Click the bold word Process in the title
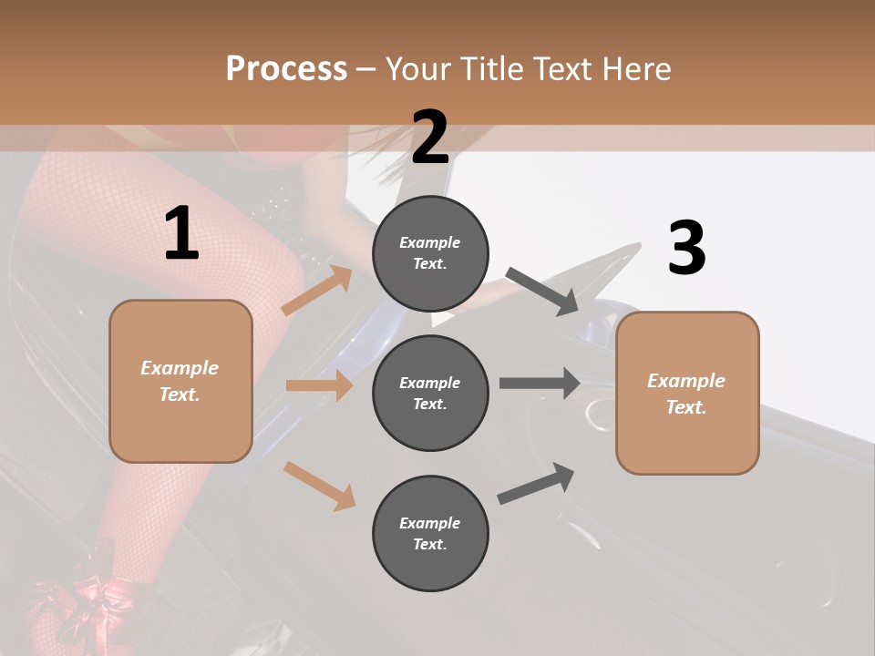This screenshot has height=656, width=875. click(x=286, y=68)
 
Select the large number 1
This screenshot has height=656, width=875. click(x=181, y=234)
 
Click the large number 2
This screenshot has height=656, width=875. click(x=430, y=138)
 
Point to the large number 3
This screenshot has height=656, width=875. click(x=686, y=248)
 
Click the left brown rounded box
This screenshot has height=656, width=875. click(x=180, y=381)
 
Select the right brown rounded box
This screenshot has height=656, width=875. click(x=687, y=394)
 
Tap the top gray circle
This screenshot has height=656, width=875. click(x=430, y=253)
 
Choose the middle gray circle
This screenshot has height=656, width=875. click(x=430, y=394)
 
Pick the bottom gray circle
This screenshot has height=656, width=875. click(x=430, y=534)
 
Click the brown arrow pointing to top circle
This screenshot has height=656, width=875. click(x=317, y=291)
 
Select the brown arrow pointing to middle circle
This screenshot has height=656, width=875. click(x=319, y=385)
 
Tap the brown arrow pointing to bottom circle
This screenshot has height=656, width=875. click(x=320, y=486)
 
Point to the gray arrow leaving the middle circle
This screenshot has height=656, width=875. click(x=539, y=383)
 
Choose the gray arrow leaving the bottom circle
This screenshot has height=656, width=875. click(x=537, y=483)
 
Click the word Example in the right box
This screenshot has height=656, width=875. click(x=686, y=381)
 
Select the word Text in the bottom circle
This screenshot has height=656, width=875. click(x=428, y=545)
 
